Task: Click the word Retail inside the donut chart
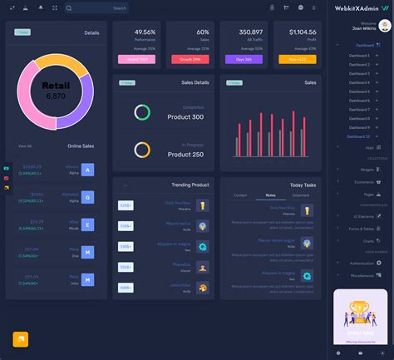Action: (x=57, y=85)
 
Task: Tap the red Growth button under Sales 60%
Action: (x=189, y=59)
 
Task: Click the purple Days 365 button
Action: (x=245, y=59)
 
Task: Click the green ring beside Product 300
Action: (x=142, y=111)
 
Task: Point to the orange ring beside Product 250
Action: (x=142, y=150)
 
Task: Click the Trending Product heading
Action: (x=190, y=185)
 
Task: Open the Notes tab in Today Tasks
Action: (x=270, y=195)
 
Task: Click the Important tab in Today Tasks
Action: (x=300, y=195)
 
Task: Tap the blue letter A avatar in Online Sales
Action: (x=88, y=170)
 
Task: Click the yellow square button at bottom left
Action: (x=21, y=339)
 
